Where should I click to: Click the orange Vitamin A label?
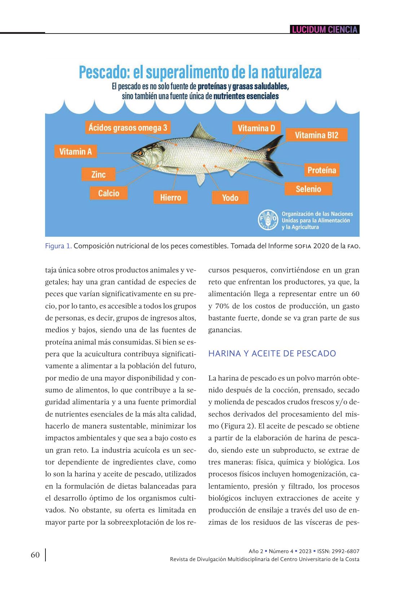pos(76,151)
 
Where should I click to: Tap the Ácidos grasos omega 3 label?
pos(128,128)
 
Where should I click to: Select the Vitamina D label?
pos(256,128)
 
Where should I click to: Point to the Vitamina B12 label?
pos(316,135)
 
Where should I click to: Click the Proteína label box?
pos(321,170)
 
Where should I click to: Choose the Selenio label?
pos(308,189)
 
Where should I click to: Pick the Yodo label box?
pos(230,197)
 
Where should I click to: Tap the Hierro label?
pos(171,197)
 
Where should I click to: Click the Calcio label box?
pos(109,193)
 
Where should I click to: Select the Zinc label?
pos(98,174)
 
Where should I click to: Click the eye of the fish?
pos(141,154)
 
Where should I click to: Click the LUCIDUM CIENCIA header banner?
pos(325,30)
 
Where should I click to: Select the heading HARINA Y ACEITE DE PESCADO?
pos(272,353)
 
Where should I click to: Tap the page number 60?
pos(35,555)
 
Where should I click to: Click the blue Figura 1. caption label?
pos(58,246)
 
